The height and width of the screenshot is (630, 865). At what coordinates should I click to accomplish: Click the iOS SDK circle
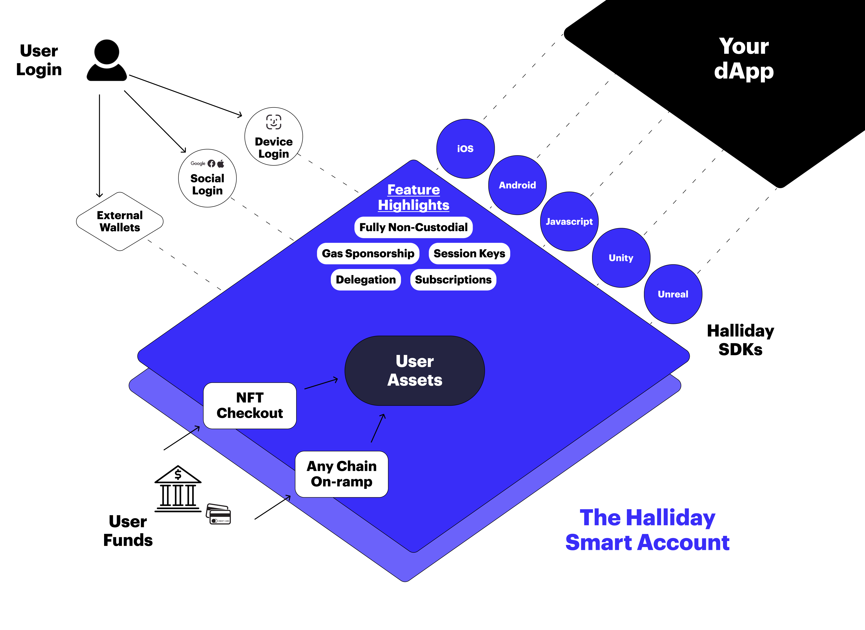coord(465,148)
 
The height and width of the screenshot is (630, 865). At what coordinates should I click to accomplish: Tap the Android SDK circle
coord(517,185)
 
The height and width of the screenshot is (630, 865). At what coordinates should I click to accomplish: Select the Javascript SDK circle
coord(569,221)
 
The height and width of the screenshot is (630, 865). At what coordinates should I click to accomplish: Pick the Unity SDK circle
coord(621,258)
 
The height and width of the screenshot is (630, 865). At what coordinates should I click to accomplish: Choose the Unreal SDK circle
coord(673,294)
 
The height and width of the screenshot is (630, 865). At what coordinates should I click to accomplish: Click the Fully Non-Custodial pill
coord(413,227)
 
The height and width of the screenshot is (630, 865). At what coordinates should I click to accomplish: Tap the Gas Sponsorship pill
coord(368,254)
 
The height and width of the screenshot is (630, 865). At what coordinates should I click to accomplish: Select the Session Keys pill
coord(469,254)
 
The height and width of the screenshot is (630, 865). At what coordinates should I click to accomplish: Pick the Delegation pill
coord(366,279)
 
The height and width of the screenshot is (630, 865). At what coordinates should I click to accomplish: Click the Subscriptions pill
coord(453,279)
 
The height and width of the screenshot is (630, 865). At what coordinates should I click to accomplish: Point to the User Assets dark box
coord(414,370)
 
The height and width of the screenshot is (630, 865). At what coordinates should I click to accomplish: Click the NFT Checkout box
coord(250,405)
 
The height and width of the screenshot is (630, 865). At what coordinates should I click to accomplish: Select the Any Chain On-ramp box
coord(342,474)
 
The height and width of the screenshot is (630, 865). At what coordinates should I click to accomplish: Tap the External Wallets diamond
coord(120,222)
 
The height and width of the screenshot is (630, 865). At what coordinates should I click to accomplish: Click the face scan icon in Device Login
coord(274,122)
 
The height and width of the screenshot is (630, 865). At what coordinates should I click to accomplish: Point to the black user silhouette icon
coord(107,60)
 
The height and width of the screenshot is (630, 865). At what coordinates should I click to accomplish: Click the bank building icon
coord(178,489)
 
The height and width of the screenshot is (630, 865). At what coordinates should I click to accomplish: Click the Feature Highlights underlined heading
coord(413,197)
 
